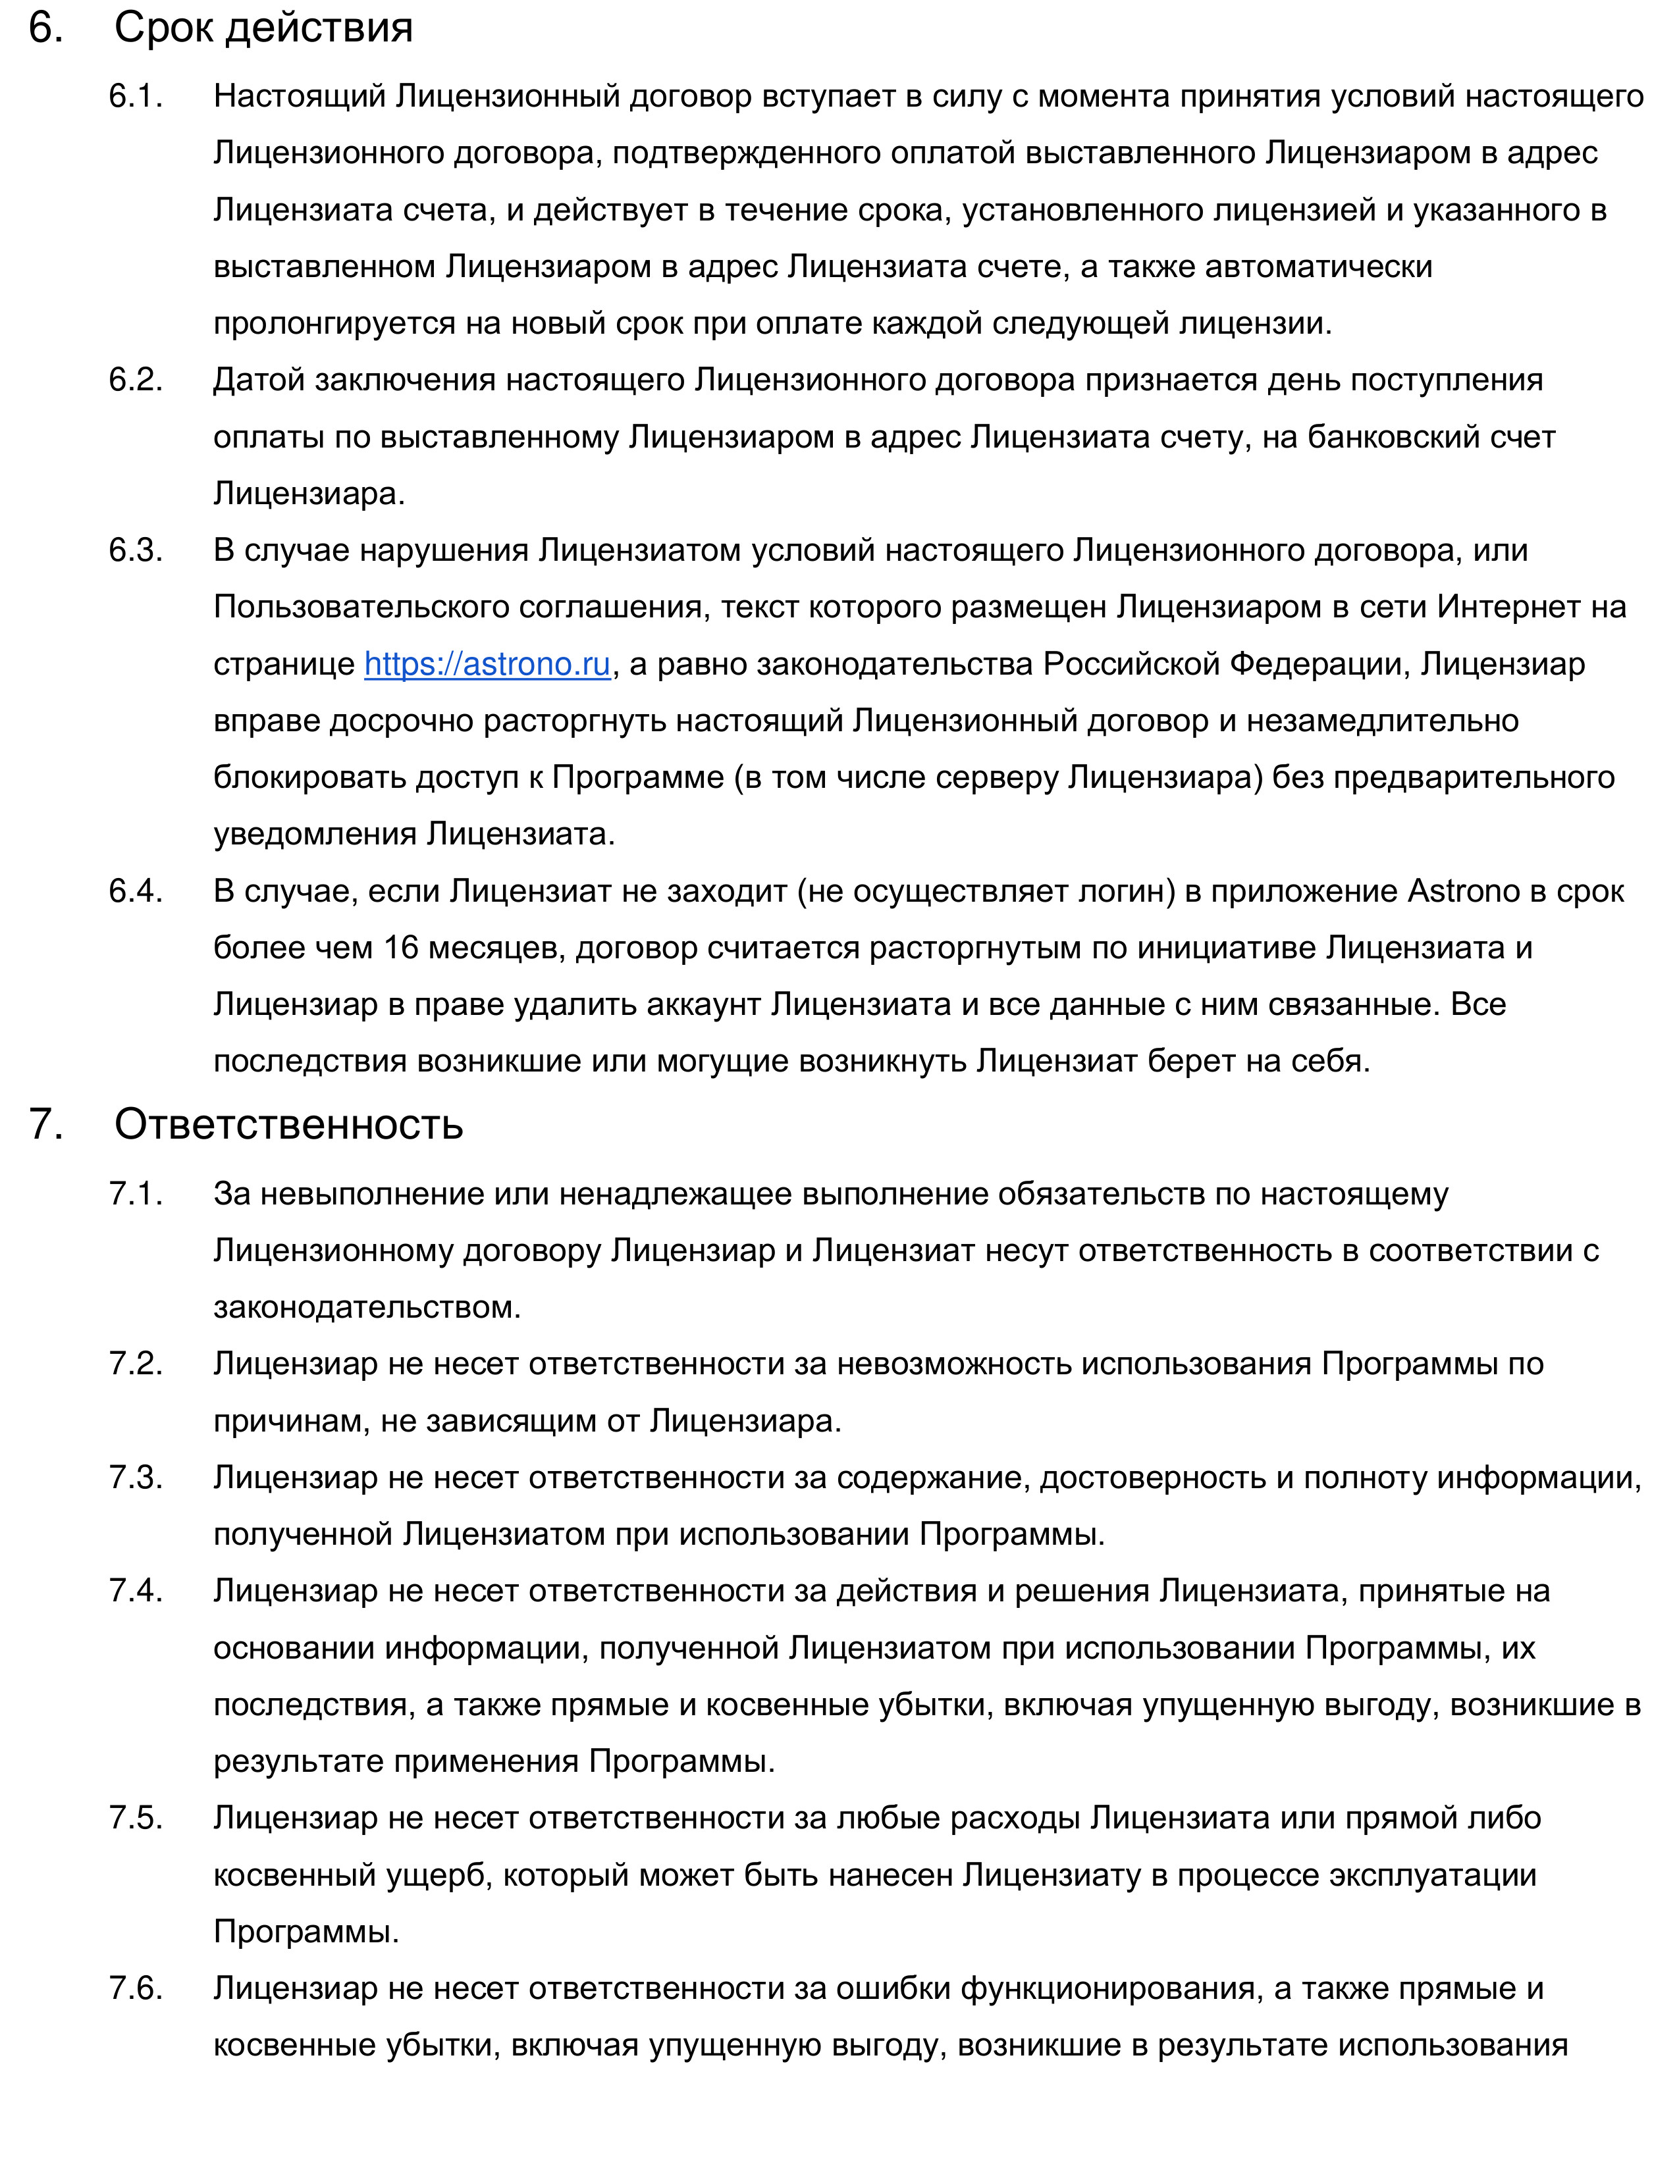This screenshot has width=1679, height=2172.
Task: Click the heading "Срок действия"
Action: click(263, 28)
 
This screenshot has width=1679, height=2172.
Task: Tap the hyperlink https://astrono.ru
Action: click(487, 663)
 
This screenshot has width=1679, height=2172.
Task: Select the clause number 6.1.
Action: click(135, 97)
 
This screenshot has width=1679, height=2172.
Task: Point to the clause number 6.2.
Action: click(135, 380)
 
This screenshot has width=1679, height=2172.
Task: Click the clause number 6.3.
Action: click(135, 550)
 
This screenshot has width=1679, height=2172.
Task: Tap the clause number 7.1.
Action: click(135, 1193)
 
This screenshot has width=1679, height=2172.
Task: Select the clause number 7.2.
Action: click(135, 1364)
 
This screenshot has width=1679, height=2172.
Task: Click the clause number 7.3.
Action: click(135, 1477)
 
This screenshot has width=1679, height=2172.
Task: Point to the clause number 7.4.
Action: click(135, 1590)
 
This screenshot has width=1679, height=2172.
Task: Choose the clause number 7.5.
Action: click(135, 1817)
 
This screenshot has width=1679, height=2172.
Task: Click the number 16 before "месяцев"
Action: click(401, 948)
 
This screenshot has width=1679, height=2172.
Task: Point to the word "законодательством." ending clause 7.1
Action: click(367, 1306)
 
